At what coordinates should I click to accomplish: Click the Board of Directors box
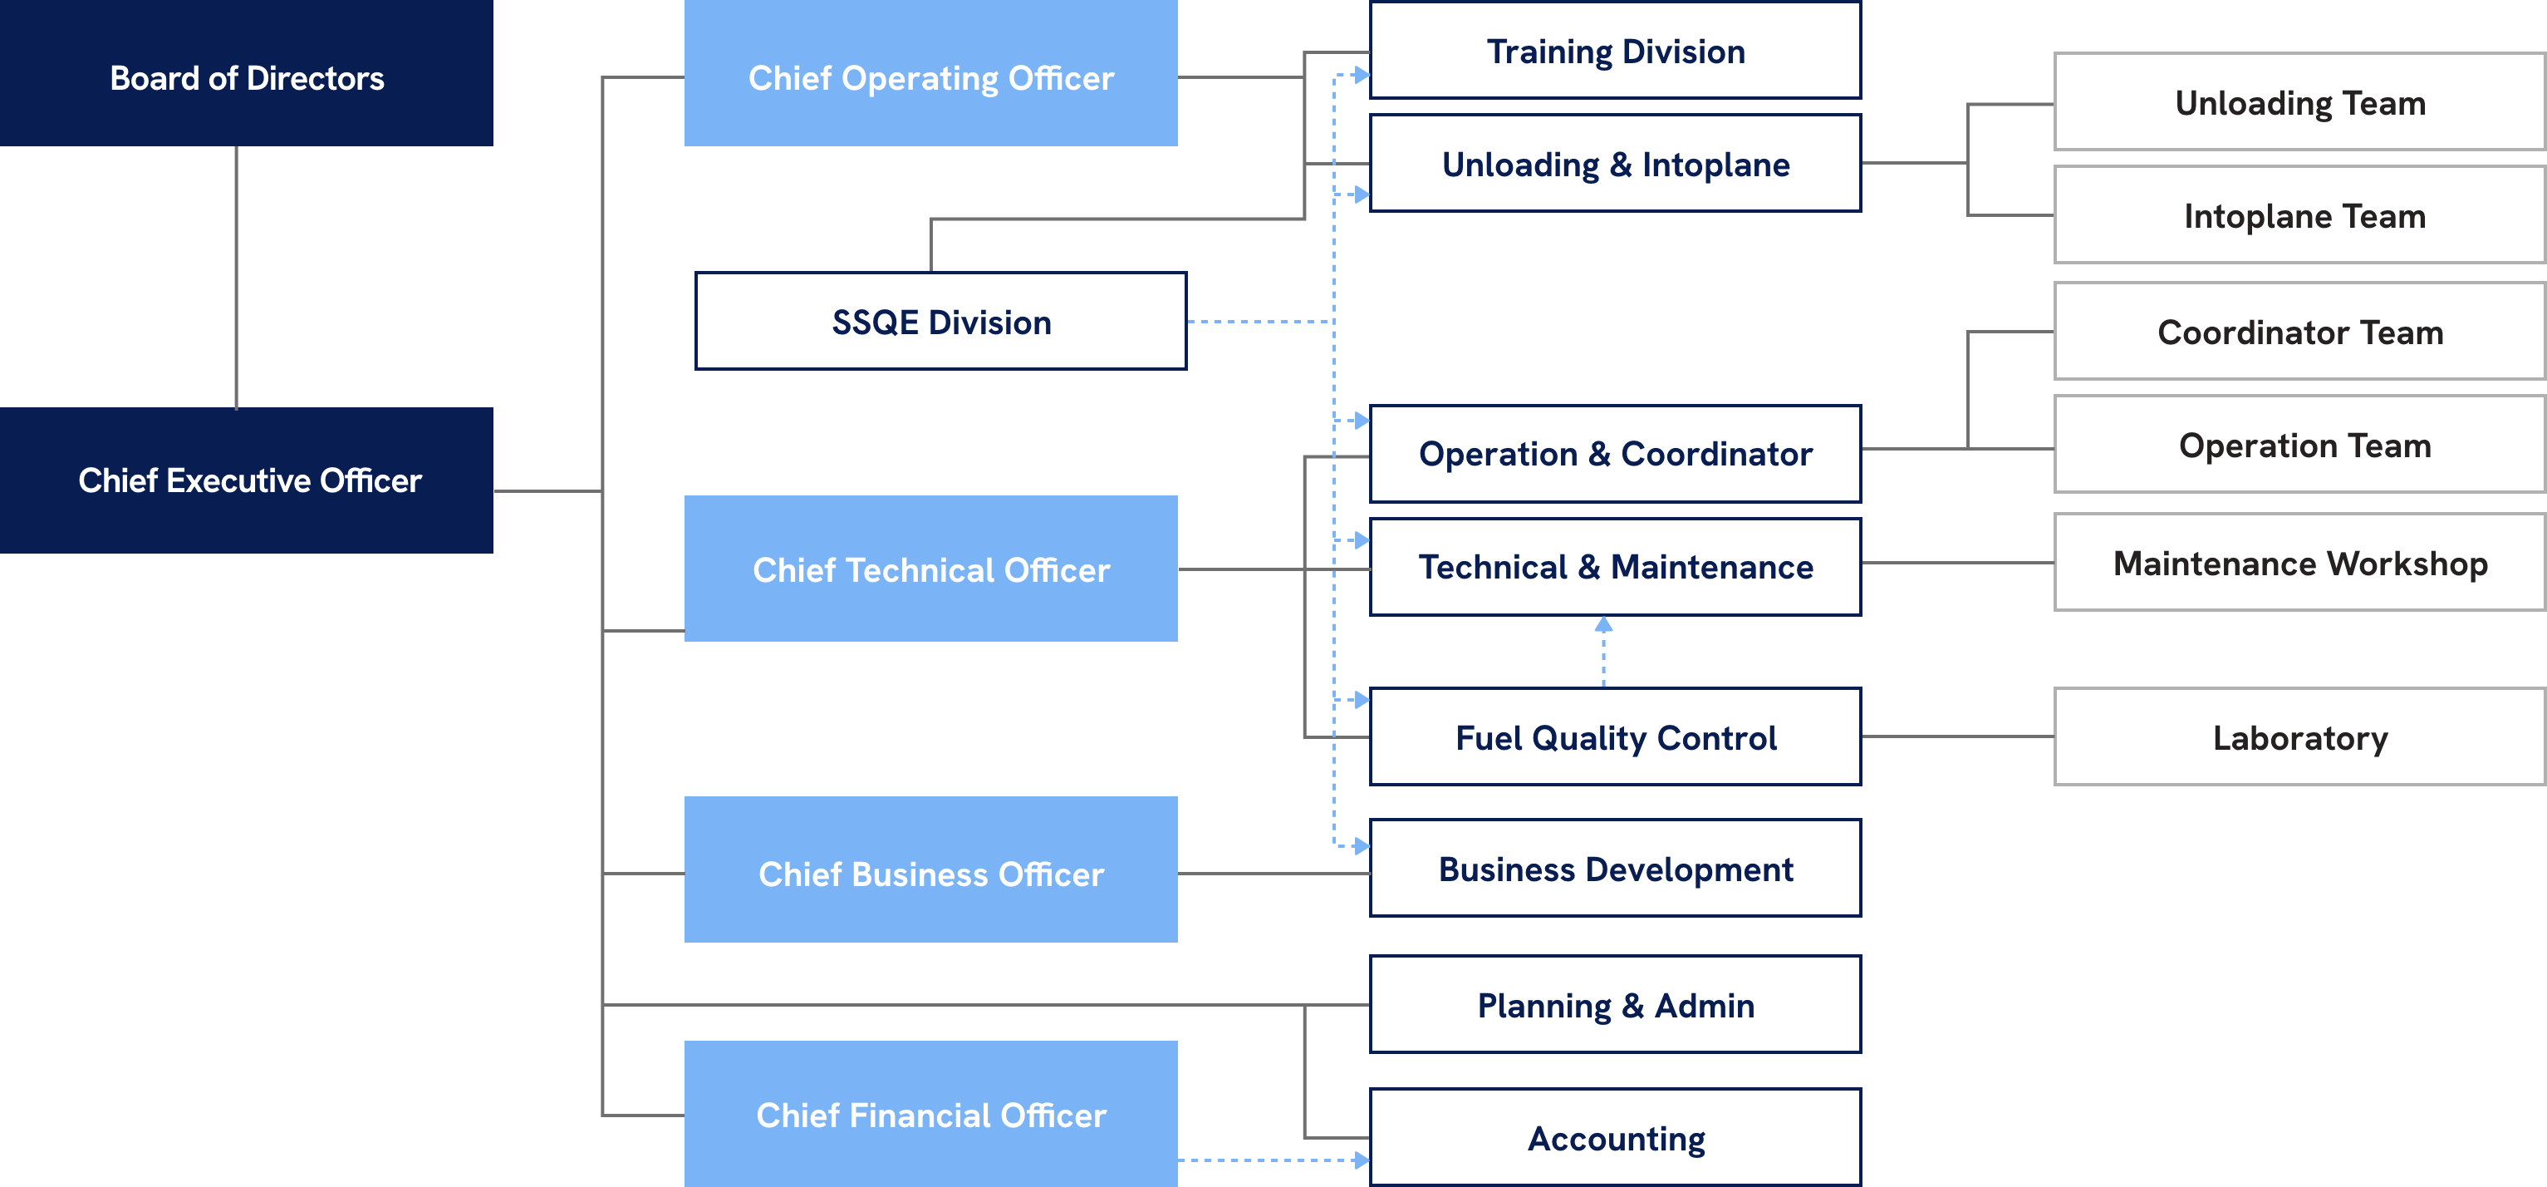click(x=246, y=74)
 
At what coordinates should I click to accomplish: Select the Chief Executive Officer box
click(x=246, y=480)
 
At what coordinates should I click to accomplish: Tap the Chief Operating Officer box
click(x=930, y=74)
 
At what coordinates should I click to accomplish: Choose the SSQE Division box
click(x=940, y=322)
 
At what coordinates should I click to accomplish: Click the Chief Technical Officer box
click(x=930, y=569)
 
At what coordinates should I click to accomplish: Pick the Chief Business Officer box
click(x=930, y=870)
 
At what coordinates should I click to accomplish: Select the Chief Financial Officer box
click(x=930, y=1114)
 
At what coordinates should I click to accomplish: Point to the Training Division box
click(x=1616, y=51)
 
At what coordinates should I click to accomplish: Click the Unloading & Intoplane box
click(x=1616, y=163)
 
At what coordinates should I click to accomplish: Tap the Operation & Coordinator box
click(x=1616, y=454)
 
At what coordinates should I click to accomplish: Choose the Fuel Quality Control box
click(x=1616, y=737)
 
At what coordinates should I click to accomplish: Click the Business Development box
click(x=1616, y=869)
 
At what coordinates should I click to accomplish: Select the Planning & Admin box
click(x=1616, y=1004)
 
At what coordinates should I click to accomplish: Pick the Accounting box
click(x=1616, y=1137)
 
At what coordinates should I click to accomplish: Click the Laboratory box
click(x=2299, y=737)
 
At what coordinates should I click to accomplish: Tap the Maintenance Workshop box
click(x=2299, y=562)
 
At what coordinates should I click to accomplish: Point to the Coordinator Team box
click(x=2299, y=332)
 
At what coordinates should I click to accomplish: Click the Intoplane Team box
click(x=2299, y=214)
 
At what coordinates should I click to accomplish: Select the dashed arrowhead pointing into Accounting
click(x=1362, y=1160)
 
